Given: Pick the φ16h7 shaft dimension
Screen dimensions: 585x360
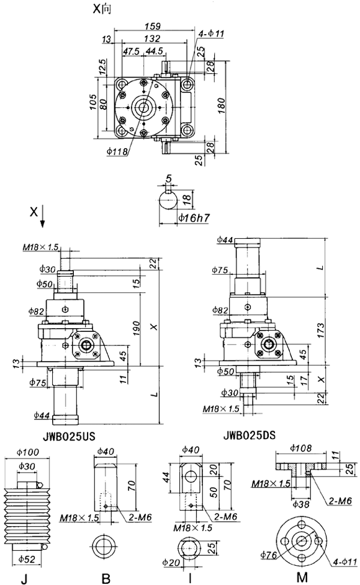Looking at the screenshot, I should (192, 218).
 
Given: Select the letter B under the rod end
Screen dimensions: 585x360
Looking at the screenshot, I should (106, 578).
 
